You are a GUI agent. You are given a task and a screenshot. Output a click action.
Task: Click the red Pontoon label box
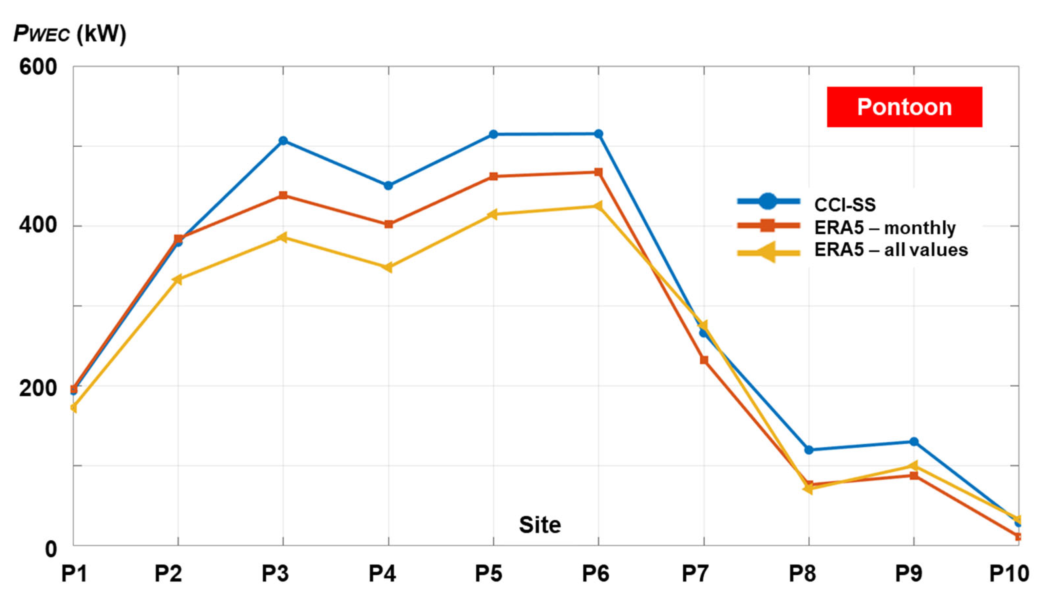tap(904, 107)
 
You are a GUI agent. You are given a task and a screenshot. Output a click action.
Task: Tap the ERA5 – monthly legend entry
tap(846, 227)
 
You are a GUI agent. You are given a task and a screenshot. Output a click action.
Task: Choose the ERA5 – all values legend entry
tap(852, 250)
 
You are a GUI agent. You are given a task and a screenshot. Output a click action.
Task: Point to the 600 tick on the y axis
tap(38, 67)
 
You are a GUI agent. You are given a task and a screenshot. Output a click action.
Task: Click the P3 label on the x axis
tap(275, 574)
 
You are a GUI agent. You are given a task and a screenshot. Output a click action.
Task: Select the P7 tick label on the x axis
tap(695, 574)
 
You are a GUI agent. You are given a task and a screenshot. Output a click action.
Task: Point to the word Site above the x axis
tap(540, 525)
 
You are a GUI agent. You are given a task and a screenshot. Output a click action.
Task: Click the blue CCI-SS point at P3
tap(283, 141)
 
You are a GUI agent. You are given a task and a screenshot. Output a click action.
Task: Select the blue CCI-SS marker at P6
tap(599, 134)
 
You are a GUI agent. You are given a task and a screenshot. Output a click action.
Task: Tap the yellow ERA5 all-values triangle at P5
tap(492, 214)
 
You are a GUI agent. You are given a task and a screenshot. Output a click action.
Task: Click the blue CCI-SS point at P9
tap(914, 442)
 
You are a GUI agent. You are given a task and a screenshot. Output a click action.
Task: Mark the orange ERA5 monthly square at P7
tap(704, 360)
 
